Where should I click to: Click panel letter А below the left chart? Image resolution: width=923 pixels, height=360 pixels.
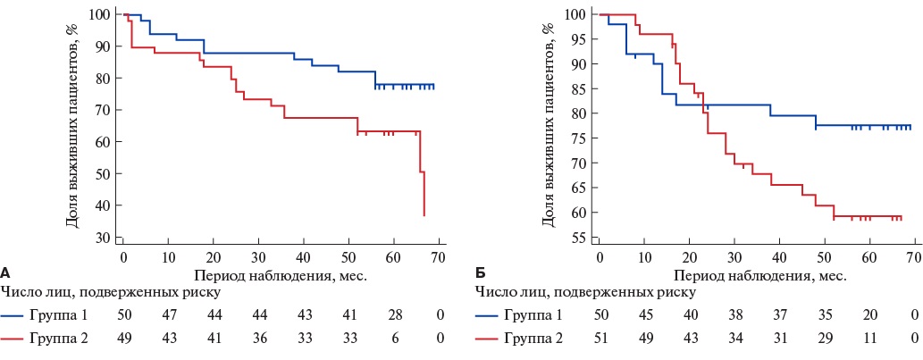coord(5,272)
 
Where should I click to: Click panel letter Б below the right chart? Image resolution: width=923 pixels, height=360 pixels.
coord(479,272)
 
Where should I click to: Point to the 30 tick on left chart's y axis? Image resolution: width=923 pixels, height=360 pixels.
coord(102,238)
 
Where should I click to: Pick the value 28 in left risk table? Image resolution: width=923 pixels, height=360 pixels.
coord(394,315)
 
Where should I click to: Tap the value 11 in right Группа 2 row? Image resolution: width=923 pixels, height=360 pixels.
coord(868,339)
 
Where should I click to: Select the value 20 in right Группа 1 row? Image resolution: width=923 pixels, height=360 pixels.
coord(868,315)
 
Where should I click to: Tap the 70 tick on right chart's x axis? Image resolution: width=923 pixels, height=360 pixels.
coord(913,256)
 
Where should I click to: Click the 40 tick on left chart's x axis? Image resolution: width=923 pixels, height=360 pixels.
coord(304,256)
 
